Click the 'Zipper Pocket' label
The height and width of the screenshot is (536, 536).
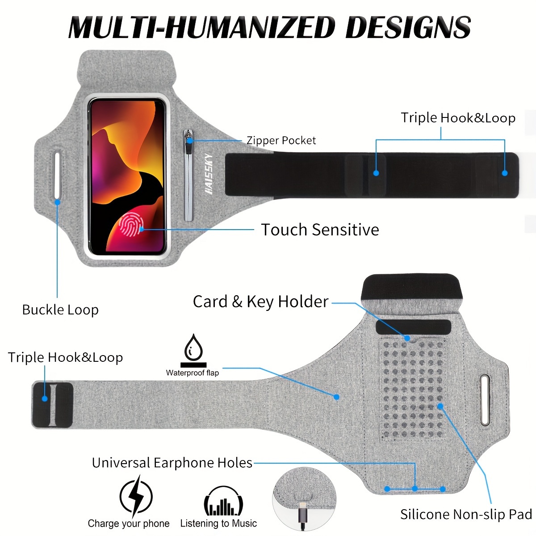click(x=281, y=140)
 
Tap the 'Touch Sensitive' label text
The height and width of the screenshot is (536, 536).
click(x=320, y=230)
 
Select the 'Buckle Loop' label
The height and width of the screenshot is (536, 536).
click(x=60, y=310)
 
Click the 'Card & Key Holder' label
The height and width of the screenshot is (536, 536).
click(x=260, y=302)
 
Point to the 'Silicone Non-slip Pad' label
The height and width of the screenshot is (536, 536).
click(x=466, y=514)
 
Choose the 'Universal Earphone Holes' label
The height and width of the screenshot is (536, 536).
click(x=172, y=463)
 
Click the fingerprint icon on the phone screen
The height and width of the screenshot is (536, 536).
click(x=131, y=225)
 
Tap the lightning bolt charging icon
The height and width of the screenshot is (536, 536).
click(x=136, y=497)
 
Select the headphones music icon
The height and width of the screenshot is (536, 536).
click(x=223, y=501)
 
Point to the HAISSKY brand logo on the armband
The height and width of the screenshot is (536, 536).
click(x=209, y=174)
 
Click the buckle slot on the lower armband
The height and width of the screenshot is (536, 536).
click(x=485, y=400)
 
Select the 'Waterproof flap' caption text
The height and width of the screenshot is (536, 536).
click(x=193, y=373)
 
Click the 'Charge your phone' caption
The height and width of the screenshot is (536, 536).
click(x=129, y=523)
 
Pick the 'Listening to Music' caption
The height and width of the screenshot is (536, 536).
click(x=218, y=523)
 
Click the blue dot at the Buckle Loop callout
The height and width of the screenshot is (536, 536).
click(x=57, y=202)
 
